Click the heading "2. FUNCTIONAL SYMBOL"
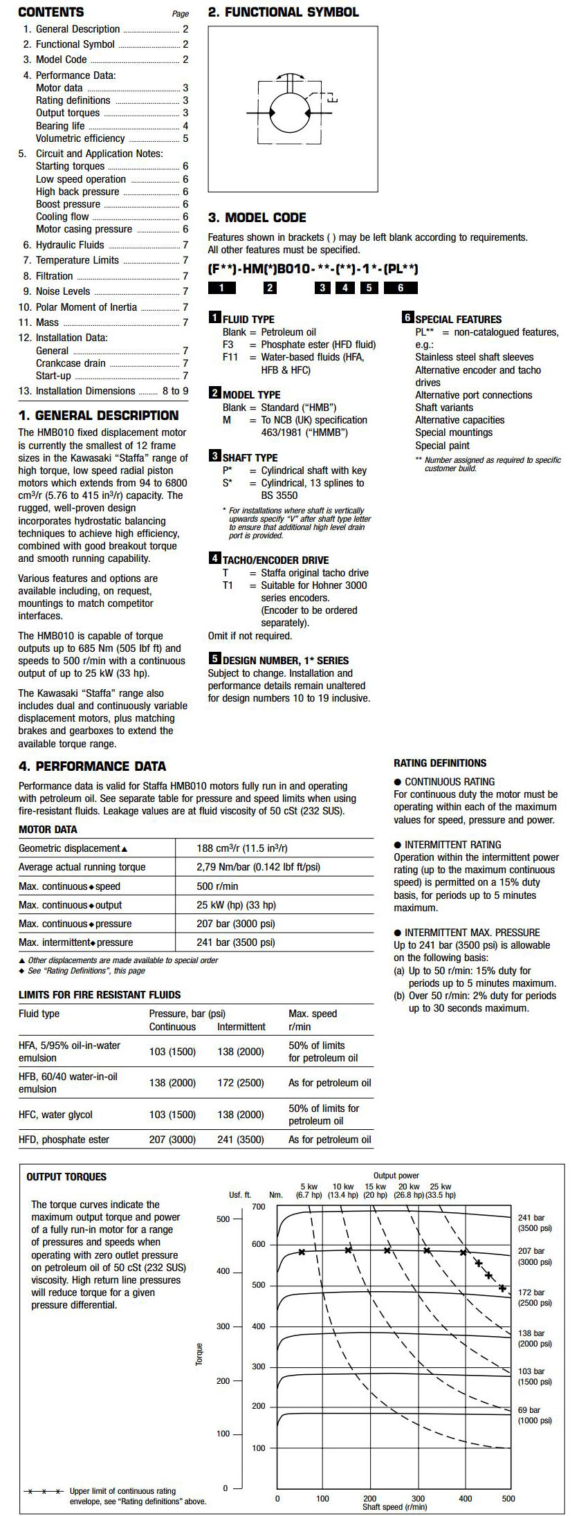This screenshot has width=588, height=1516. coord(284,12)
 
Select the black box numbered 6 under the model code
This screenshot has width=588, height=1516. coord(401,288)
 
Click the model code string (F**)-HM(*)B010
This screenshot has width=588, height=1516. coord(313,269)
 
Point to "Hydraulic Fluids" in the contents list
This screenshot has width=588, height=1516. coord(70,245)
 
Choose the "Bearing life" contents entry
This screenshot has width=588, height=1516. coord(60,126)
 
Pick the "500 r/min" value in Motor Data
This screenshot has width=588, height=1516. coord(217,886)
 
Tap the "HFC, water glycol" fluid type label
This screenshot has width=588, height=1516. coord(55,1115)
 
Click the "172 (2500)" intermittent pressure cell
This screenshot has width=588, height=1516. coord(241,1083)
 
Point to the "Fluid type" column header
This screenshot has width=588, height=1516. coord(39,1014)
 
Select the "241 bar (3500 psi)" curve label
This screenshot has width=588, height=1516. coord(535,1223)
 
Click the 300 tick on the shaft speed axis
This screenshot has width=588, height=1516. coord(418,1499)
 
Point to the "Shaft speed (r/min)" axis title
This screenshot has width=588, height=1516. coord(394,1507)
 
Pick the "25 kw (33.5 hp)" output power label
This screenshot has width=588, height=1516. coord(440,1190)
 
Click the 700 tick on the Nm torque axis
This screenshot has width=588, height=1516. coord(259,1207)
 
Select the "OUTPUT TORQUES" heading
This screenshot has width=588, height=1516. coord(66,1177)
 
